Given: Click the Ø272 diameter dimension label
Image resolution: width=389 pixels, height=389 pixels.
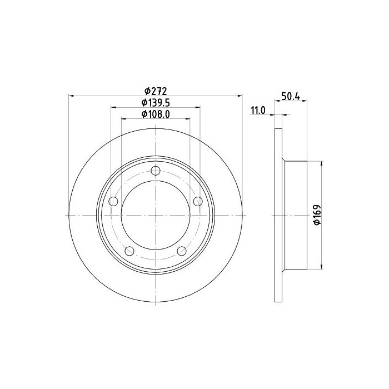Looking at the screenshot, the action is pyautogui.click(x=156, y=91).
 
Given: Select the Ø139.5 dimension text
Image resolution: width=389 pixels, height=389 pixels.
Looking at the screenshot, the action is pyautogui.click(x=156, y=102).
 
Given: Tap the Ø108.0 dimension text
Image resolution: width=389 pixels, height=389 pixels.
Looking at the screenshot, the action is pyautogui.click(x=156, y=114).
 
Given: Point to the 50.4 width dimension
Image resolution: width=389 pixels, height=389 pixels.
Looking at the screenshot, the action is pyautogui.click(x=291, y=96).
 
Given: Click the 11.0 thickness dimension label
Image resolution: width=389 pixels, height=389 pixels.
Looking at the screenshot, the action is pyautogui.click(x=258, y=111).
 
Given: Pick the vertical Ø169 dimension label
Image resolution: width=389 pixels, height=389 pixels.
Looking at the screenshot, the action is pyautogui.click(x=317, y=215).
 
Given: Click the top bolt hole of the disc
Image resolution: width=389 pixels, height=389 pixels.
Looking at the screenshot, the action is pyautogui.click(x=155, y=171).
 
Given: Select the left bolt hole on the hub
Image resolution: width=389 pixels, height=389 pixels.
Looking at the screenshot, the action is pyautogui.click(x=113, y=201).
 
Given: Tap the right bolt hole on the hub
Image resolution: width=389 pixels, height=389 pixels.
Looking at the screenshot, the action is pyautogui.click(x=198, y=201).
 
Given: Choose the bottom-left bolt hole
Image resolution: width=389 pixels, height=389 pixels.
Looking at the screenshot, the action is pyautogui.click(x=129, y=251).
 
